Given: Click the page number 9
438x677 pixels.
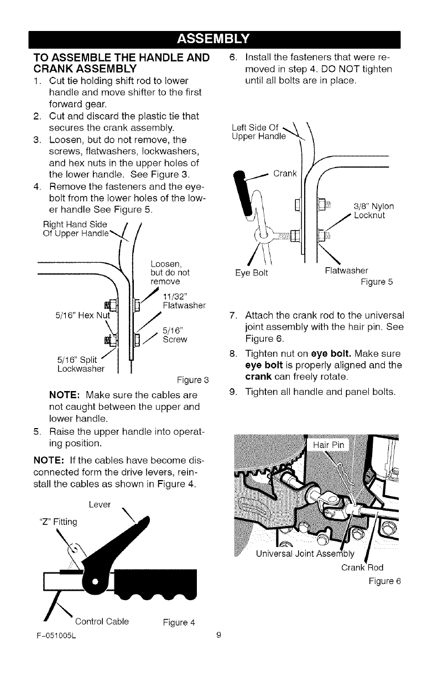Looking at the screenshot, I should coord(219,635).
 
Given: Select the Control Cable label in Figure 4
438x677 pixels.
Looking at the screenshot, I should coord(102,621).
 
